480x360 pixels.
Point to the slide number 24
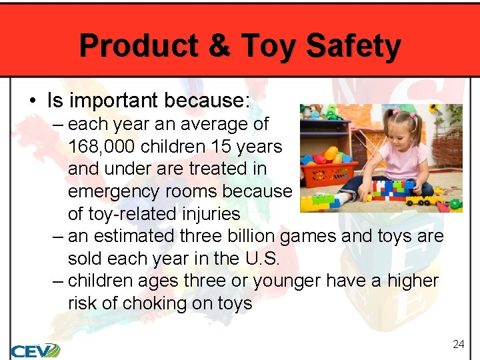pyautogui.click(x=458, y=344)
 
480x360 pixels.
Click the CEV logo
pyautogui.click(x=35, y=349)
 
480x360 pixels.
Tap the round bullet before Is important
pyautogui.click(x=32, y=101)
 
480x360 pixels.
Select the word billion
pyautogui.click(x=245, y=236)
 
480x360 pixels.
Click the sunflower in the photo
pyautogui.click(x=435, y=109)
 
